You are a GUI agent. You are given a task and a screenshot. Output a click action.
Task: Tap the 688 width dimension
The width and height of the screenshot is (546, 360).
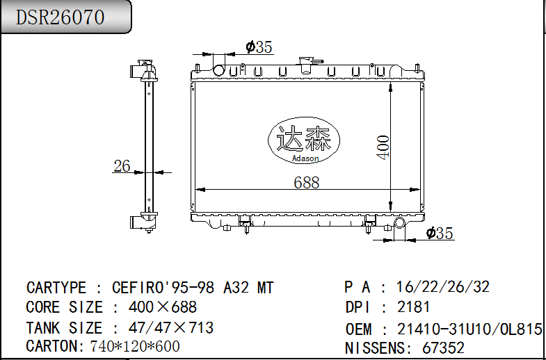click(306, 182)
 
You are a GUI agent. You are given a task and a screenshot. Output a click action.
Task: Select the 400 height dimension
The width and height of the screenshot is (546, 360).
click(383, 147)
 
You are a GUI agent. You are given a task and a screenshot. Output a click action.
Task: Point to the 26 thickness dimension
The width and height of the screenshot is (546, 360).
click(122, 166)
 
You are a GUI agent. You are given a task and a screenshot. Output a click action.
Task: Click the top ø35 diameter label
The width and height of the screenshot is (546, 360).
click(259, 47)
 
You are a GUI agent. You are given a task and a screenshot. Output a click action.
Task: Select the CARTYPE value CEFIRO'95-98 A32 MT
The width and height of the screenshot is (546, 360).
click(193, 288)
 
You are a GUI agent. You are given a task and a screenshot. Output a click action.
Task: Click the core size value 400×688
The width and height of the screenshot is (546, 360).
click(163, 307)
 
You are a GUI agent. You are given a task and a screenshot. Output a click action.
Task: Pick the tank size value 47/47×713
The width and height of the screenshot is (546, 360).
click(171, 327)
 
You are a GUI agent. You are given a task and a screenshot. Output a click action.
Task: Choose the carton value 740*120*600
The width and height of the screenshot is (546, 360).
click(135, 346)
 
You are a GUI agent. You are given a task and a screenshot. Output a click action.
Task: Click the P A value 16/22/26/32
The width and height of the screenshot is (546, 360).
click(442, 287)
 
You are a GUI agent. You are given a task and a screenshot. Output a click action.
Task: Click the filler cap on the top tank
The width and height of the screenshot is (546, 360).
click(306, 63)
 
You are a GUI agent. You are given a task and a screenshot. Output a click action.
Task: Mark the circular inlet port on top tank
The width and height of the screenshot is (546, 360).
click(220, 70)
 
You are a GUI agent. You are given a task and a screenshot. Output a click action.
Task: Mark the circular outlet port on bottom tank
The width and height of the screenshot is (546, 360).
click(400, 223)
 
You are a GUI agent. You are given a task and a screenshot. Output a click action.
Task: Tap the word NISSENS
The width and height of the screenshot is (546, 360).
click(373, 347)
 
